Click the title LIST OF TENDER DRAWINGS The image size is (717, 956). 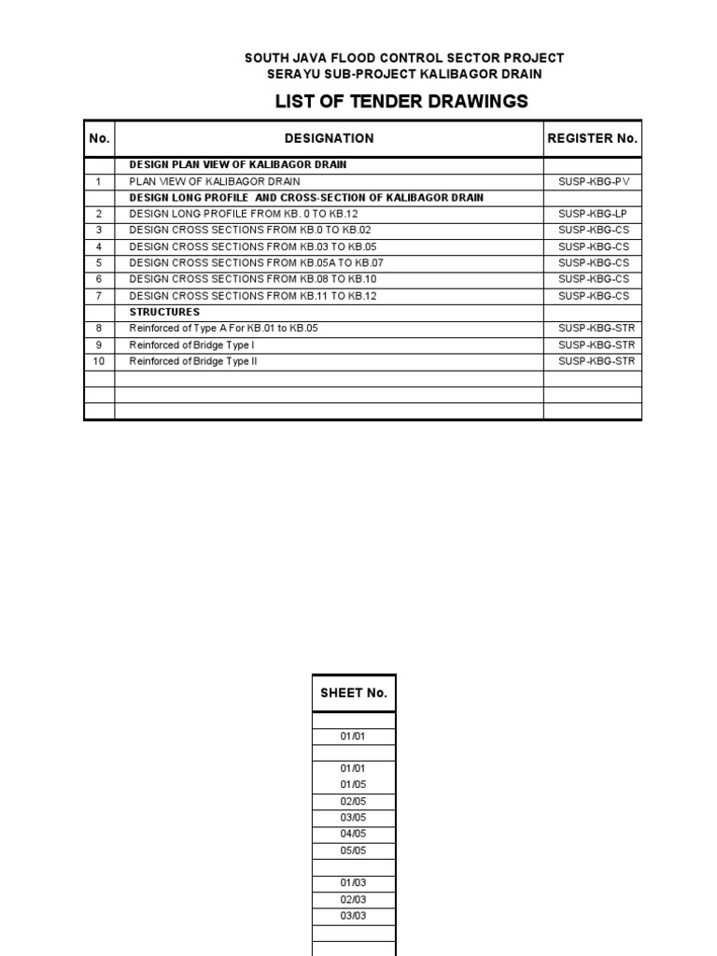(401, 101)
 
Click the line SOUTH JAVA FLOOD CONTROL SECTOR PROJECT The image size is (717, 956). (403, 58)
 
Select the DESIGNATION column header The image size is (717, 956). (329, 138)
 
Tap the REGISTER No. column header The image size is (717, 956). (592, 138)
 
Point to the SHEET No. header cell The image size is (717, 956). (353, 693)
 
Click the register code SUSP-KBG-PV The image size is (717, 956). (594, 181)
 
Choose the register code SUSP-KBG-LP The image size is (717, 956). (594, 214)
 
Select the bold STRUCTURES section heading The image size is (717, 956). (164, 312)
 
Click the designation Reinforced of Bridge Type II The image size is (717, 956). (192, 361)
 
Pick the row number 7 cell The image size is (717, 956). (99, 296)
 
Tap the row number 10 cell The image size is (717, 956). (99, 361)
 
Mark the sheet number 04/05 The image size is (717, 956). (353, 834)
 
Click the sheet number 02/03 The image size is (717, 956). (353, 899)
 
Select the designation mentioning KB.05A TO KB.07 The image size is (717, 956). (256, 263)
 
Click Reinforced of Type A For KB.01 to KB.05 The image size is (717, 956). (230, 329)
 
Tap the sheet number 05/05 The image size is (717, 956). (353, 851)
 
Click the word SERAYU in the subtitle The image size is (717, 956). (292, 74)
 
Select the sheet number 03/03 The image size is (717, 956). (353, 916)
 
